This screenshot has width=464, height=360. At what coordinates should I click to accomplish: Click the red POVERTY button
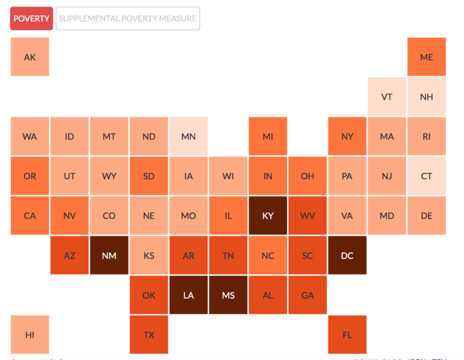(31, 19)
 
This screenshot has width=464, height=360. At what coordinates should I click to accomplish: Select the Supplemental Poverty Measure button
(128, 19)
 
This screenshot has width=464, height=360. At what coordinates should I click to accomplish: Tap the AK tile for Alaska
(29, 57)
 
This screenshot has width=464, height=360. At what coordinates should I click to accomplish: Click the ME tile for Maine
(427, 57)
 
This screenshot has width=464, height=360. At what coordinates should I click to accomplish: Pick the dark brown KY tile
(268, 216)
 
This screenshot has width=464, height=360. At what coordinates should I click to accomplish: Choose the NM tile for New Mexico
(109, 255)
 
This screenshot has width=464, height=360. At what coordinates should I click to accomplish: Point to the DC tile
(347, 255)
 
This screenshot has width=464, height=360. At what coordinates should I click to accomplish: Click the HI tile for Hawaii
(29, 335)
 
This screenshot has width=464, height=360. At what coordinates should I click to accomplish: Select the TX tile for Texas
(149, 335)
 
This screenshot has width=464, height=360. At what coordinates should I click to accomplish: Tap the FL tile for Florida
(347, 335)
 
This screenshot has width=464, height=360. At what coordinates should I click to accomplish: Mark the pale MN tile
(188, 136)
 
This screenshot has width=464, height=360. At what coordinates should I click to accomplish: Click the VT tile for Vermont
(387, 96)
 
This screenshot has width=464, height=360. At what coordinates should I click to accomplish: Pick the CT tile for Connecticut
(427, 176)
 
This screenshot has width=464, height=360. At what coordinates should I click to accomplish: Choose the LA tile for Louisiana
(188, 295)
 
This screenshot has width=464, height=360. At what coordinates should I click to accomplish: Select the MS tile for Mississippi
(228, 295)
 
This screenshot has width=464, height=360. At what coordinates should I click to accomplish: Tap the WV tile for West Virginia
(308, 216)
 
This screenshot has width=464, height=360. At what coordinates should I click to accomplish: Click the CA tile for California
(29, 216)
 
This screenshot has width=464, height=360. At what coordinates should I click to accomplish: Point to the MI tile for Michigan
(268, 136)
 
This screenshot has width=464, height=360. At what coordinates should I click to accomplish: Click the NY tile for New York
(347, 136)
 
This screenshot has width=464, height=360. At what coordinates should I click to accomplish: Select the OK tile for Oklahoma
(149, 295)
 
